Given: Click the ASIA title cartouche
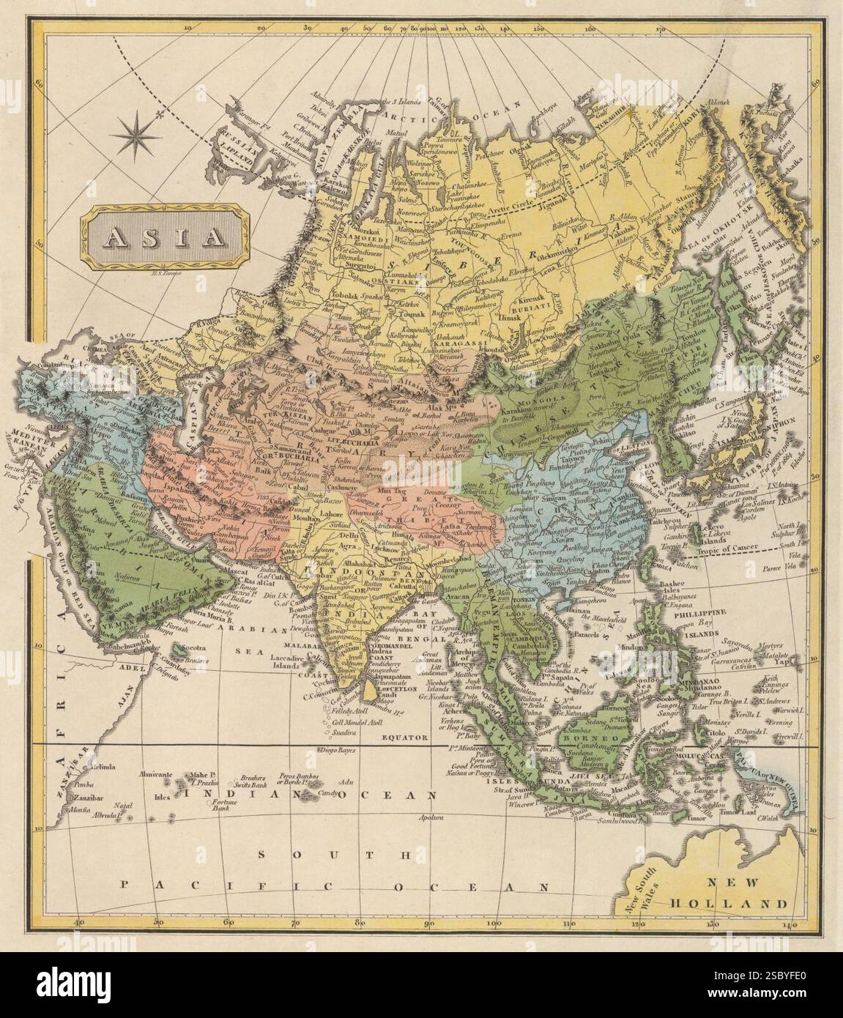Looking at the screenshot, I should [165, 236].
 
